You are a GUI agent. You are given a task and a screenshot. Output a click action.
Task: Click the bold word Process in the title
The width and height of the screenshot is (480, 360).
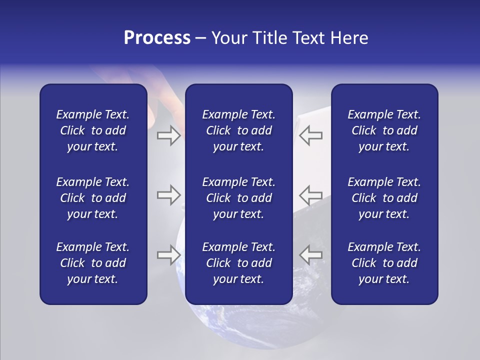coord(157,38)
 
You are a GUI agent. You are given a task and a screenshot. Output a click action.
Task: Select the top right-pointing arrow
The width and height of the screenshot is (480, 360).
coord(168,135)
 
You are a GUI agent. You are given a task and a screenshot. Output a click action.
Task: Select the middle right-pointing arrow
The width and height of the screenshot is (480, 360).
coord(168,195)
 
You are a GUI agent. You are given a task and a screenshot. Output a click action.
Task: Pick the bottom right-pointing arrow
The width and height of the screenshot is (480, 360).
coord(168,255)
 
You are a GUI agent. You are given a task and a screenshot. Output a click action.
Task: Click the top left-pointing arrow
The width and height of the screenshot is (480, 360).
coord(311,135)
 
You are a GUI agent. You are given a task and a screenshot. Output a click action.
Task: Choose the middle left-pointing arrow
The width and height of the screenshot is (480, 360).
coord(311,195)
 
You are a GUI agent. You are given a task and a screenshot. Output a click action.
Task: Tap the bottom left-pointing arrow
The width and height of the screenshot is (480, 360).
coord(311,255)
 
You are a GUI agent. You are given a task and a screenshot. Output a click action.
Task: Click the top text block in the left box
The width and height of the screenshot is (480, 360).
coord(93,130)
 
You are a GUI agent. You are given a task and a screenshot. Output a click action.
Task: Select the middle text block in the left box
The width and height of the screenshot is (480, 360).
coord(93,198)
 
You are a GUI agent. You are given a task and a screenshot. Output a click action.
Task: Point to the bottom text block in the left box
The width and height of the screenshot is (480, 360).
coord(93,263)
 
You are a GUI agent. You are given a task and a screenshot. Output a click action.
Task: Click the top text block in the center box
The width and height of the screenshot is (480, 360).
coord(238,130)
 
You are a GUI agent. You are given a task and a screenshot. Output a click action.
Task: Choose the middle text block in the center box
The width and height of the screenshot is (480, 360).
coord(238,198)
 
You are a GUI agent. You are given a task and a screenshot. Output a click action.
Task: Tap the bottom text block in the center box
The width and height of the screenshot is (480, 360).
coord(238,263)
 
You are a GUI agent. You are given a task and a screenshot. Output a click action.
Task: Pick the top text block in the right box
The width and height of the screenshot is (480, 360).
coord(384,130)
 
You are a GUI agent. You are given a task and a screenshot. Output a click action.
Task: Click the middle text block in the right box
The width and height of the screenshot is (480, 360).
coord(384,198)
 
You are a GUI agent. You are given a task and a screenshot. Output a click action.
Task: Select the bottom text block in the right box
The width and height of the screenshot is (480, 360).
coord(384,263)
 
